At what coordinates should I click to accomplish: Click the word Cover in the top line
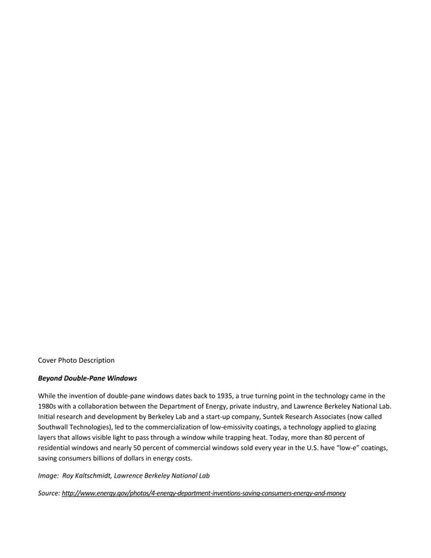click(48, 360)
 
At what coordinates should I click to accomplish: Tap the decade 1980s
click(49, 407)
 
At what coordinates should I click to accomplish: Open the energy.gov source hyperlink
click(203, 494)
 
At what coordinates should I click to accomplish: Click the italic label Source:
click(49, 494)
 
